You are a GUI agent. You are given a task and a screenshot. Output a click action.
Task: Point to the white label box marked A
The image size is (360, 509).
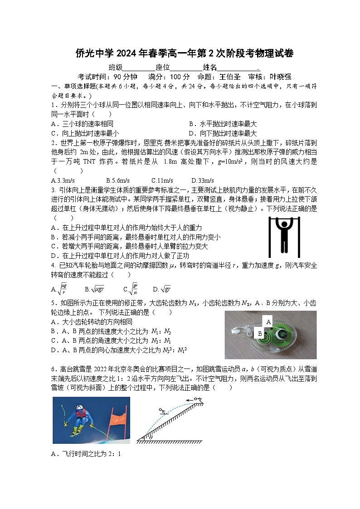pyautogui.click(x=268, y=321)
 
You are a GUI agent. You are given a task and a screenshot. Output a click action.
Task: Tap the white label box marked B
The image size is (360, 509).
pyautogui.click(x=260, y=333)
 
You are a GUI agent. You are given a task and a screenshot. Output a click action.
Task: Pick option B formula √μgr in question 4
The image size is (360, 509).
pyautogui.click(x=97, y=289)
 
